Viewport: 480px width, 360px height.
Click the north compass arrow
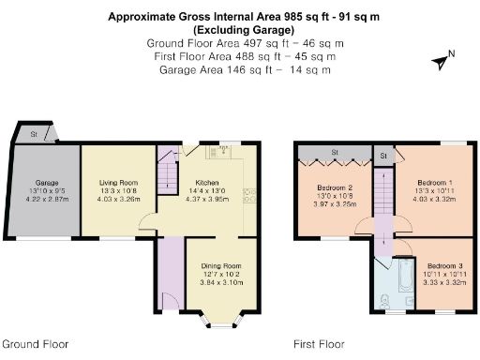tap(440, 60)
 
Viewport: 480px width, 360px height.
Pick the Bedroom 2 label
tap(335, 187)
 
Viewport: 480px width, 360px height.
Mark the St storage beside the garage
tap(35, 134)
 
